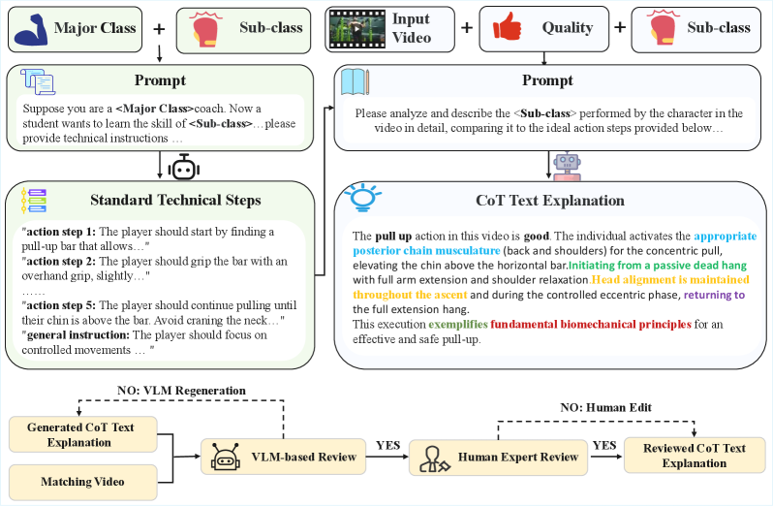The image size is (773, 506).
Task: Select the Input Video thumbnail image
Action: tap(351, 27)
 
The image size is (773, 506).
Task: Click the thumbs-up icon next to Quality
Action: tap(503, 27)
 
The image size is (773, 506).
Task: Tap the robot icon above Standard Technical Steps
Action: tap(183, 168)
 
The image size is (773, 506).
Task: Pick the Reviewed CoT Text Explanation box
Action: tap(694, 456)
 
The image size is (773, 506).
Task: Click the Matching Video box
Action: tap(80, 482)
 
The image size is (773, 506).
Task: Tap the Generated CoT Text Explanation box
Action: tap(80, 434)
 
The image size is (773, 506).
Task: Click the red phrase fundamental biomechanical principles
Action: tap(591, 324)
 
